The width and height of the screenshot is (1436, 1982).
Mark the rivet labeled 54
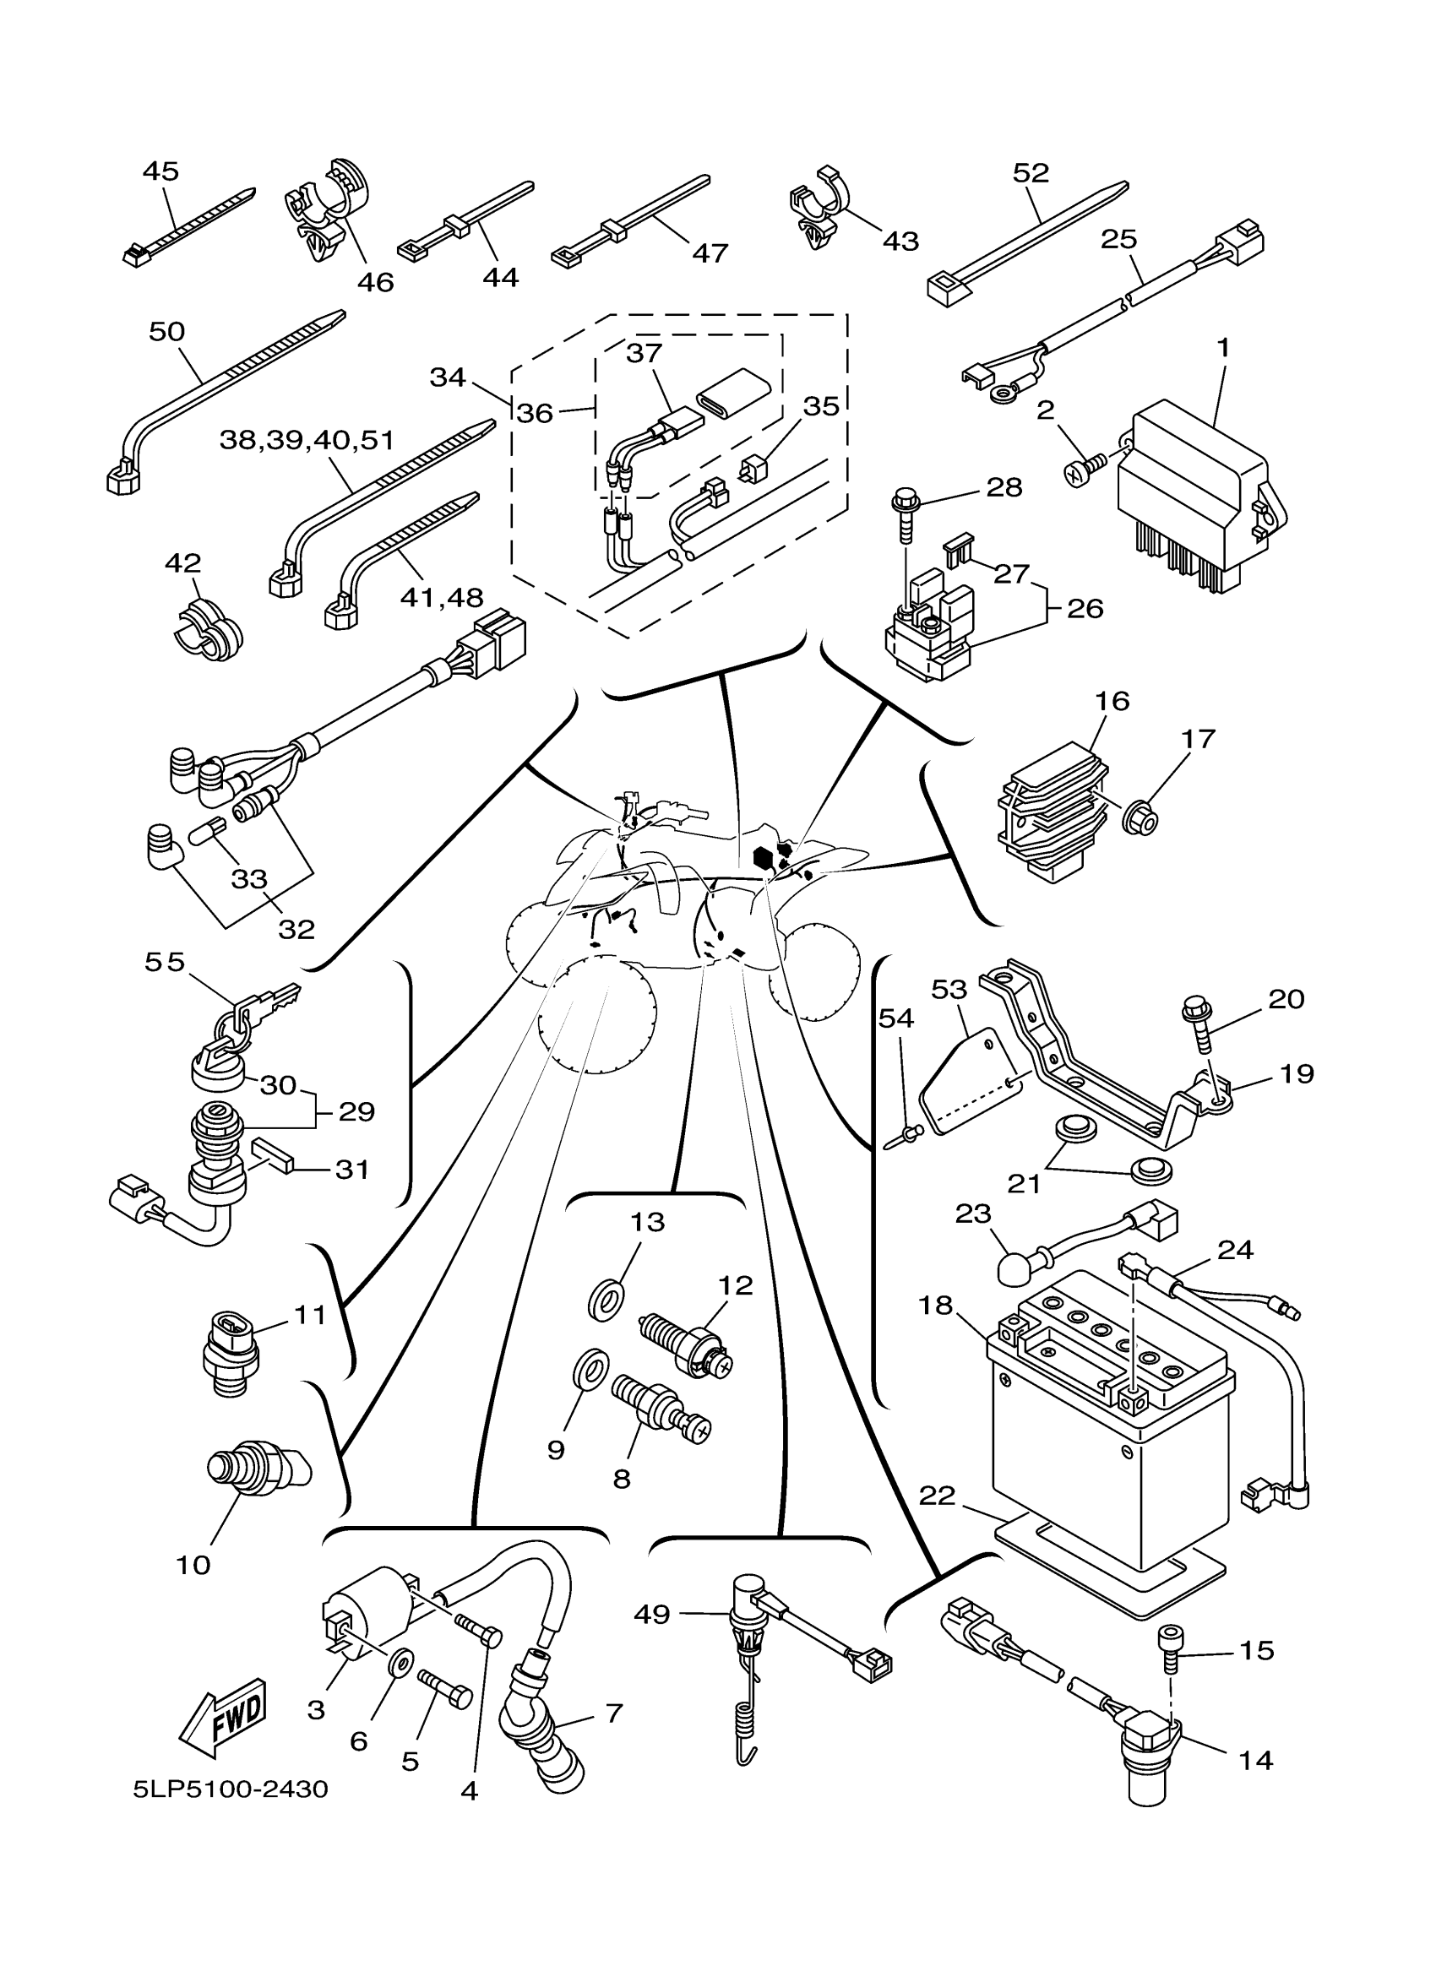tap(906, 1136)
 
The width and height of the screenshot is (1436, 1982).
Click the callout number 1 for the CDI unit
tap(1223, 347)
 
